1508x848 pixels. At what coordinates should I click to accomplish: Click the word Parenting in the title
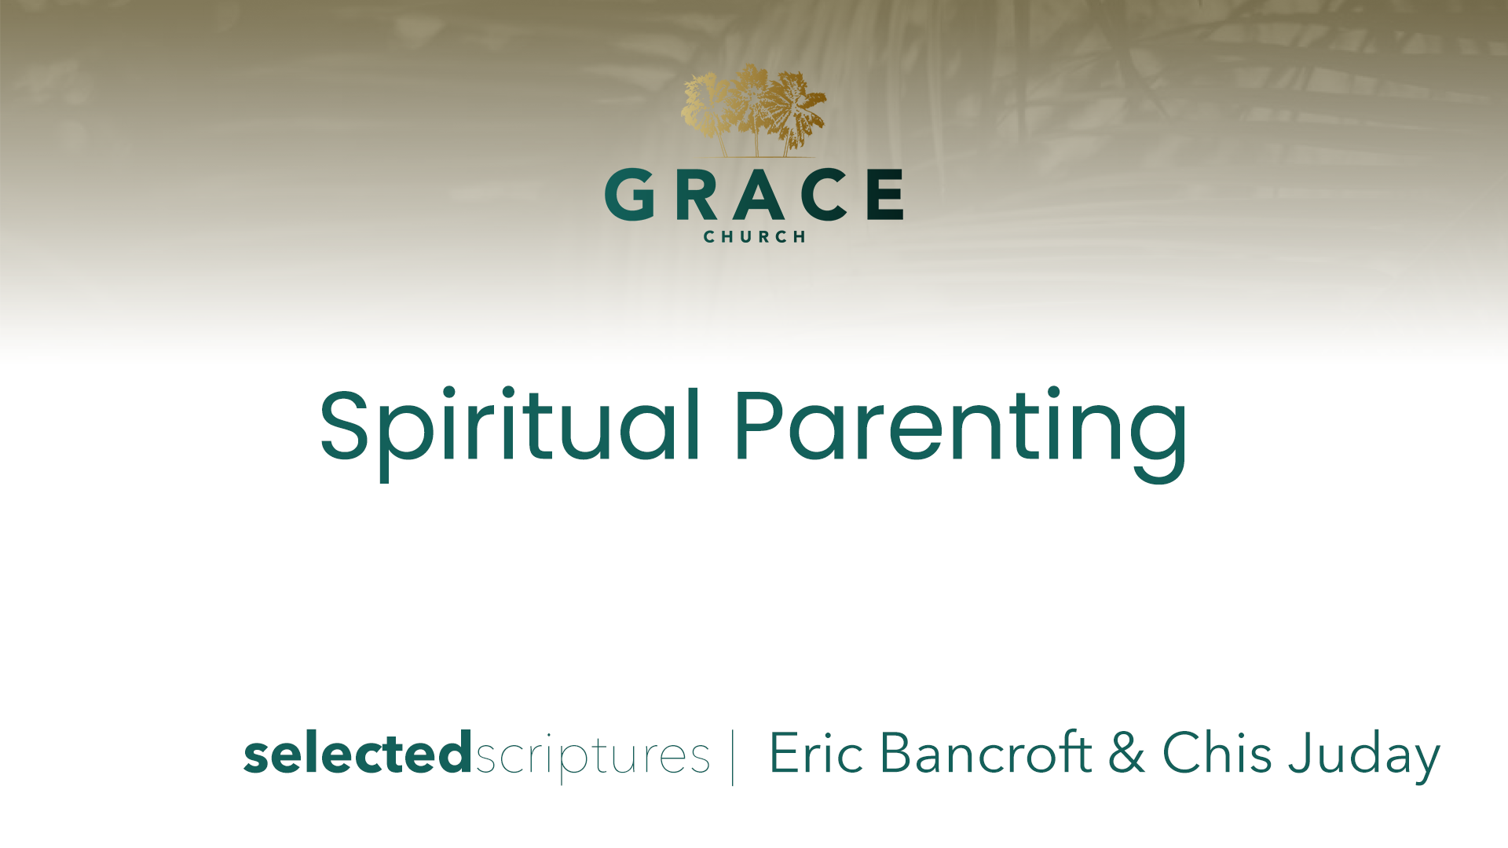[x=961, y=433]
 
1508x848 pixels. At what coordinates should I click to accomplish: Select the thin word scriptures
[x=592, y=756]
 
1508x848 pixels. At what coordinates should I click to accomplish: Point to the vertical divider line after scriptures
[x=733, y=758]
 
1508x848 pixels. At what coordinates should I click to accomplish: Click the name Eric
[x=816, y=753]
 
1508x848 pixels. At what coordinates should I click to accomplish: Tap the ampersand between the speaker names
[x=1126, y=752]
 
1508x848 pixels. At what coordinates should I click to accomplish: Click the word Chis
[x=1217, y=752]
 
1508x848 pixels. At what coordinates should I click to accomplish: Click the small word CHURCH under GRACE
[x=755, y=237]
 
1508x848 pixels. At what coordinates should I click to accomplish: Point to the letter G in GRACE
[x=630, y=194]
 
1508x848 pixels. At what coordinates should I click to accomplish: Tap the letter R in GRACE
[x=696, y=194]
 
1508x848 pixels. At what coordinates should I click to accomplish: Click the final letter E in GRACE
[x=885, y=194]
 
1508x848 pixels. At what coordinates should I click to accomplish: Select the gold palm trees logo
[x=754, y=111]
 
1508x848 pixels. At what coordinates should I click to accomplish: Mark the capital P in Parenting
[x=758, y=424]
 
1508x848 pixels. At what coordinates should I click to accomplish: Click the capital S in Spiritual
[x=344, y=424]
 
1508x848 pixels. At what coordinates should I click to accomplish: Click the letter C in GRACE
[x=825, y=194]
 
